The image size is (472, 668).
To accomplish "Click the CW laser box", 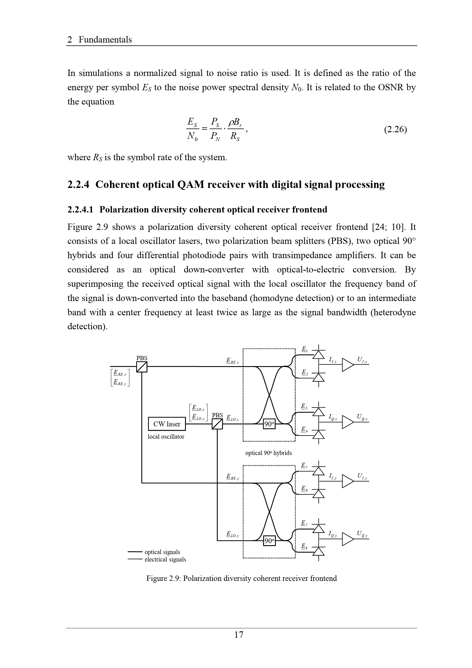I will click(167, 424).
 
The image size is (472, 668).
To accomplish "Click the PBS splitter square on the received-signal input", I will click(142, 367).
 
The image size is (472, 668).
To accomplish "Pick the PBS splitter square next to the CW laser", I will click(217, 424).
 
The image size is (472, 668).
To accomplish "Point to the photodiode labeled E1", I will click(319, 355).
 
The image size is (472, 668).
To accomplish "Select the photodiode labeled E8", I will click(319, 551).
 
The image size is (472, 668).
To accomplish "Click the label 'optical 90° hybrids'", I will click(268, 453).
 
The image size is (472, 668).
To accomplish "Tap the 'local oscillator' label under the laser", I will click(166, 437).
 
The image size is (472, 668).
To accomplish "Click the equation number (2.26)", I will click(395, 129).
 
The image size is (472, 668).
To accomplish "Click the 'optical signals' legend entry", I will click(162, 552).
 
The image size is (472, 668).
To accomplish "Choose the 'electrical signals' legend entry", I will click(165, 559).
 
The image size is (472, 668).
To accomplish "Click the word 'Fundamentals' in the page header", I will click(105, 40).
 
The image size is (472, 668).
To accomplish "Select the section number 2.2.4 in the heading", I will click(78, 184).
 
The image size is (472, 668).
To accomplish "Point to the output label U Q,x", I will click(362, 417).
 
